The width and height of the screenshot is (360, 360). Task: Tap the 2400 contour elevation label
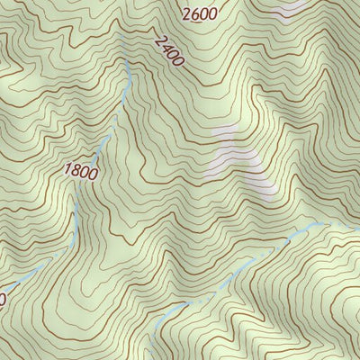coord(168,51)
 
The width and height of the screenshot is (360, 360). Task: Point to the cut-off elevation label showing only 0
coord(3,297)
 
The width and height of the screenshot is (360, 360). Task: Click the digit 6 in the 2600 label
coord(194,13)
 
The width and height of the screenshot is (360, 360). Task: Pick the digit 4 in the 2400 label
coord(165,48)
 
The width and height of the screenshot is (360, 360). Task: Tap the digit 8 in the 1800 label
coord(76,170)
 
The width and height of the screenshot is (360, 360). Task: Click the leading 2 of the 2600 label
coord(185,13)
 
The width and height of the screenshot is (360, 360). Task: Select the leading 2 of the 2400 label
coord(159,40)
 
